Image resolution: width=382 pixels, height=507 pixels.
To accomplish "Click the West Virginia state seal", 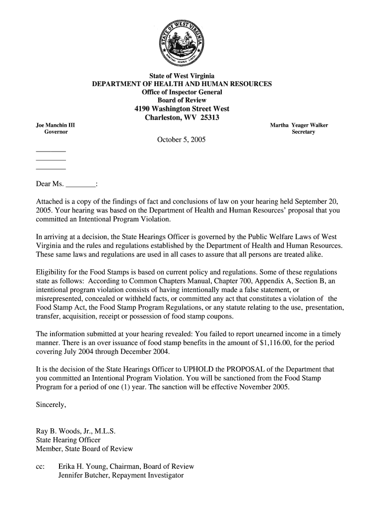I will pyautogui.click(x=182, y=43).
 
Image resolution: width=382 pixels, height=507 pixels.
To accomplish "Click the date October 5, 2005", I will pyautogui.click(x=181, y=140).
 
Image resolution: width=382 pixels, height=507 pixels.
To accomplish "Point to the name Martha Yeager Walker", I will pyautogui.click(x=299, y=125).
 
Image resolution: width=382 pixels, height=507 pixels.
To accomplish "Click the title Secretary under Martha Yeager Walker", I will pyautogui.click(x=303, y=132).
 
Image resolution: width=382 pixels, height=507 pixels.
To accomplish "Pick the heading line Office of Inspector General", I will pyautogui.click(x=182, y=93).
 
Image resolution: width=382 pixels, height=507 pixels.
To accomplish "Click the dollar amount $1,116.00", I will pyautogui.click(x=276, y=343).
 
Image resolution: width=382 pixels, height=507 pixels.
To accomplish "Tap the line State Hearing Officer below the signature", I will pyautogui.click(x=68, y=440).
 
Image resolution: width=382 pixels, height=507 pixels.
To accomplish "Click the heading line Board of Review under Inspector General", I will pyautogui.click(x=182, y=101).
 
